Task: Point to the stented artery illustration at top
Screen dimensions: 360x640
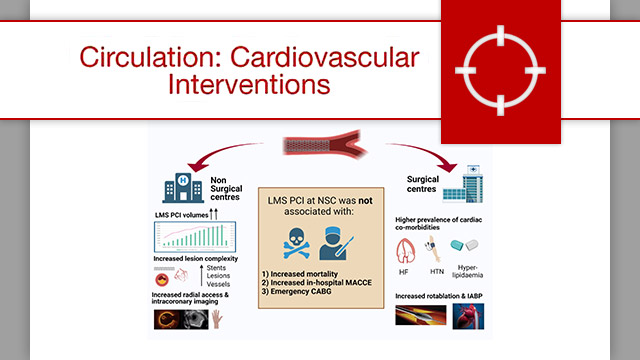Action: click(x=319, y=147)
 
